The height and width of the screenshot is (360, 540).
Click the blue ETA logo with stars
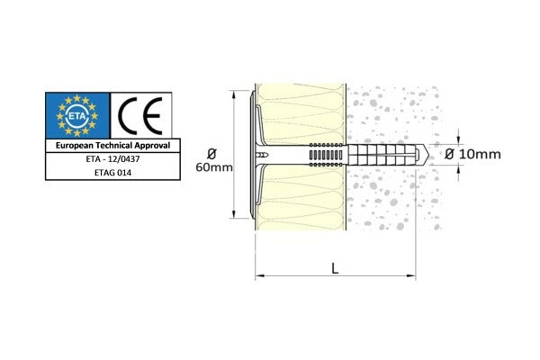(x=76, y=114)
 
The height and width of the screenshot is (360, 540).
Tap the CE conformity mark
(x=144, y=114)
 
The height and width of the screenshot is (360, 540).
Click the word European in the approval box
(x=78, y=145)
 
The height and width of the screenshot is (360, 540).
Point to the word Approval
(x=157, y=145)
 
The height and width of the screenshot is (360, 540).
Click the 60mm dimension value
(x=215, y=168)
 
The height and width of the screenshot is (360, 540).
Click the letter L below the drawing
(x=336, y=265)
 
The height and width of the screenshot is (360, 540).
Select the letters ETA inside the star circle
(x=76, y=114)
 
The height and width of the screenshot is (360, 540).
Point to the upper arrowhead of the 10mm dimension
(x=459, y=139)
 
